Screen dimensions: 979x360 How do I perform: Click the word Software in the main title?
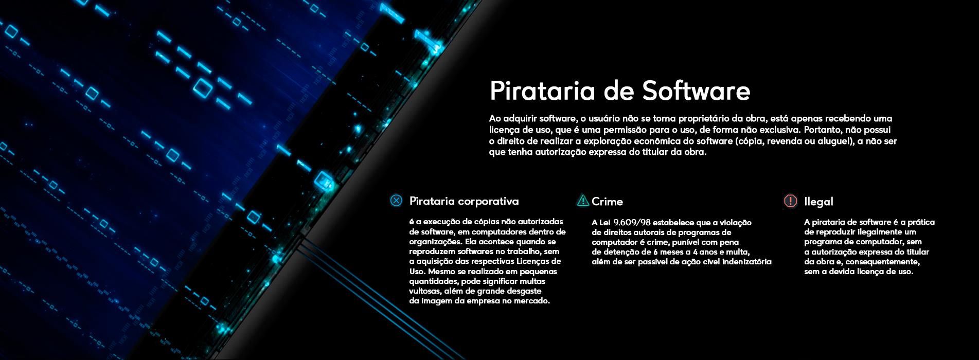[x=689, y=91]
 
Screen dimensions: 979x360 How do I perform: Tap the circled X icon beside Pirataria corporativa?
[x=396, y=201]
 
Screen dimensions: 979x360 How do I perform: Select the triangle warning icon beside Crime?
[x=583, y=200]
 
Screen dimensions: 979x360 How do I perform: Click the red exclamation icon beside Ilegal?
[x=790, y=201]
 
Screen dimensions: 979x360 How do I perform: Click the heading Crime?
[x=607, y=202]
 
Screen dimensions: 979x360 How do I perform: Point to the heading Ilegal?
[x=818, y=202]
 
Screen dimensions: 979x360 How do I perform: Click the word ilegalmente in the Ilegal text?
[x=874, y=232]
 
